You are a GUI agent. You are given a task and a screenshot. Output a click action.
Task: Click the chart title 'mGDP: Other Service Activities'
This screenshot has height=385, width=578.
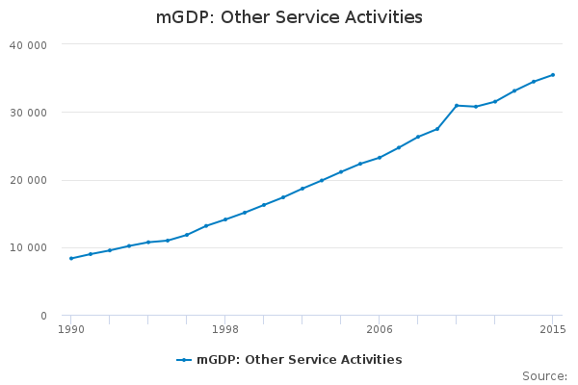[289, 17]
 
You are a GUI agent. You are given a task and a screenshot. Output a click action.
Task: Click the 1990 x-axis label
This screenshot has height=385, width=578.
[71, 329]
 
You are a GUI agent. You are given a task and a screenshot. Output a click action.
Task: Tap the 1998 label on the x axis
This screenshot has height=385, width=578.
[225, 329]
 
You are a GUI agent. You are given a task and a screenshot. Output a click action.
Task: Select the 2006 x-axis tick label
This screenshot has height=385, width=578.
[380, 329]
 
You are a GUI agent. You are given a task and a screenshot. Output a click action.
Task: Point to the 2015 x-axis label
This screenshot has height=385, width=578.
[552, 329]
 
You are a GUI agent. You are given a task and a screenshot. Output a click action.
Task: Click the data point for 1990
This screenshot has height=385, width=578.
[71, 258]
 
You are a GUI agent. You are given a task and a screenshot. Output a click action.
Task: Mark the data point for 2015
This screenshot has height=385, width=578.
[553, 74]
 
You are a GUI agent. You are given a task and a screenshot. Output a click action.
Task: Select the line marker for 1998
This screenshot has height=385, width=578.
[225, 219]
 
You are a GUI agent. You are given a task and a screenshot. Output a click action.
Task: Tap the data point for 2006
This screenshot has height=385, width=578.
[380, 157]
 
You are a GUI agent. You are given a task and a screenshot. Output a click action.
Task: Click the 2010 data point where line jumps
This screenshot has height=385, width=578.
[457, 105]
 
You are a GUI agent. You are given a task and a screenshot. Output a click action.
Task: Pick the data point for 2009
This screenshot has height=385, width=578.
[437, 129]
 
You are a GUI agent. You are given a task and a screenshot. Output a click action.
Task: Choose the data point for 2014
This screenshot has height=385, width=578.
[534, 82]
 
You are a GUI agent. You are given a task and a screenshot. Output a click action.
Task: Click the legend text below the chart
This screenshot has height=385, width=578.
[299, 360]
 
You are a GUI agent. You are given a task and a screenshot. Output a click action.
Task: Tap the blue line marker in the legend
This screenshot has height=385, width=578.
[184, 360]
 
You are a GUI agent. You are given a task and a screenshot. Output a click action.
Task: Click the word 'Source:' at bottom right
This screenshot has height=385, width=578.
[544, 375]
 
